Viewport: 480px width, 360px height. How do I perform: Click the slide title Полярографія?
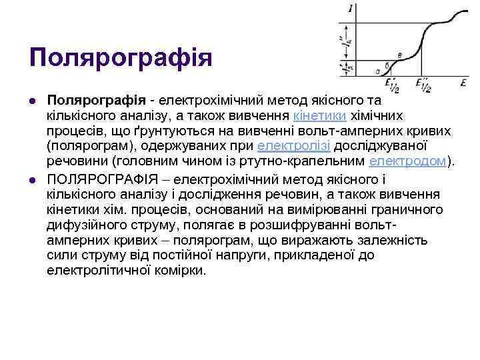click(120, 57)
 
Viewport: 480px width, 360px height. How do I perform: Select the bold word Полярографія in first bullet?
click(96, 100)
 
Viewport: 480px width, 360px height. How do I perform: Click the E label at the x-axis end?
click(462, 83)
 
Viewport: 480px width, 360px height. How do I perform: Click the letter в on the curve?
click(399, 55)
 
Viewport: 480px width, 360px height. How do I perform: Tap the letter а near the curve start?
click(377, 69)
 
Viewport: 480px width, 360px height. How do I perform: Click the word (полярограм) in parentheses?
click(83, 145)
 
